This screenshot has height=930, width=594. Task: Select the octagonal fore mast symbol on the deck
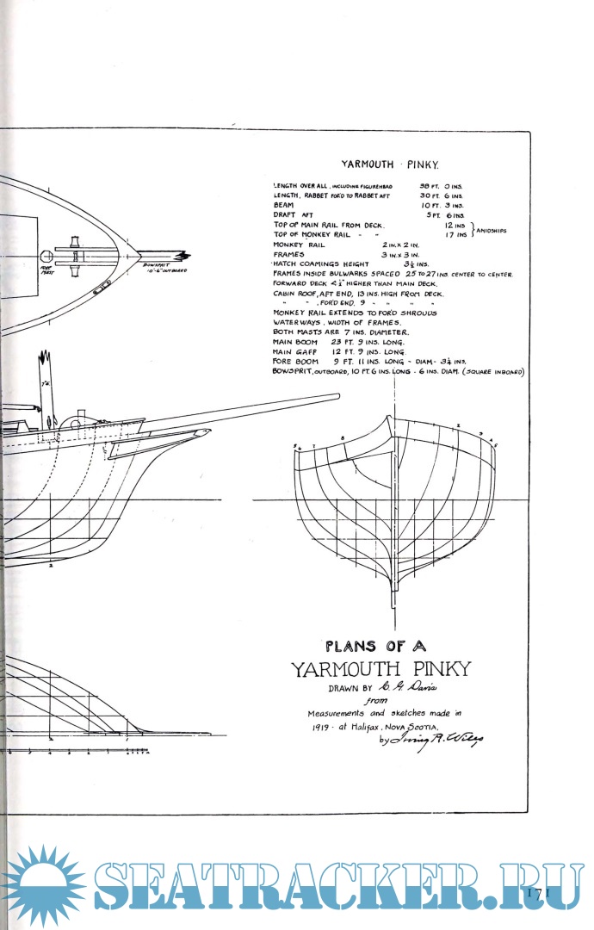coord(47,255)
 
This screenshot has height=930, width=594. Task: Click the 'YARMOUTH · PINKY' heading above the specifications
coord(390,163)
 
